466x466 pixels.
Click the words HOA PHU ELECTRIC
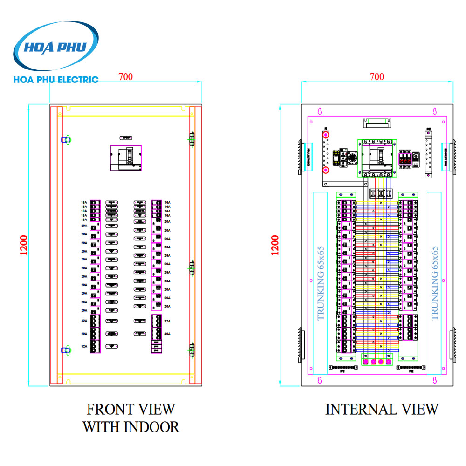click(x=56, y=80)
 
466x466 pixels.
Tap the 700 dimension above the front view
click(x=125, y=77)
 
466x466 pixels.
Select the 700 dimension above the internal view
click(x=377, y=76)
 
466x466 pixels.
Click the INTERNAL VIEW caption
click(x=382, y=410)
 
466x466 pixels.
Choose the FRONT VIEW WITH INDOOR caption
click(x=131, y=418)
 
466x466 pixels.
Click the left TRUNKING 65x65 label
click(x=320, y=283)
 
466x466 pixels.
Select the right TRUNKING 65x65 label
click(x=434, y=283)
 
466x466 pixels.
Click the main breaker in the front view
click(x=124, y=158)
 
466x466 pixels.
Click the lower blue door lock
click(x=66, y=349)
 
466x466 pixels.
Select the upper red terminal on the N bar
click(x=326, y=136)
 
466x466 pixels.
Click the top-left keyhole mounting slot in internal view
click(x=320, y=112)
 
